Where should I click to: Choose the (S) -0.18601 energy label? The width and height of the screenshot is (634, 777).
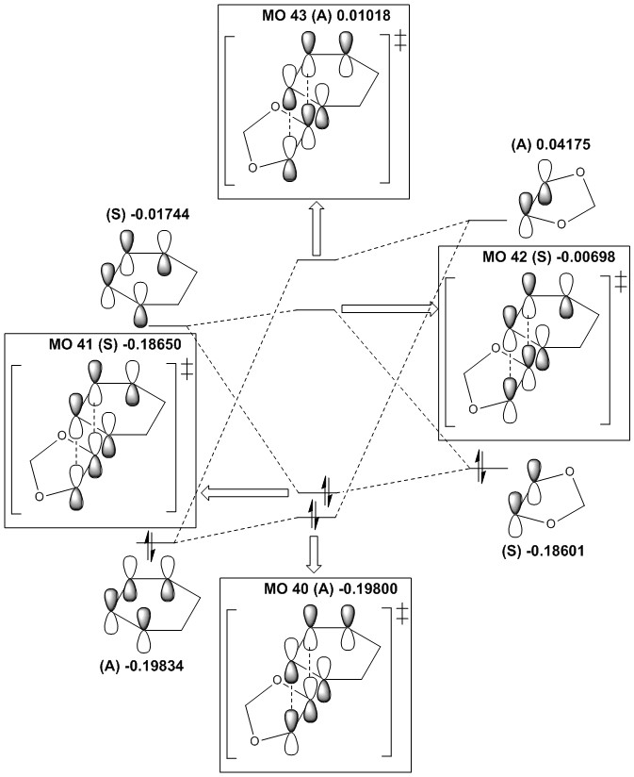(531, 554)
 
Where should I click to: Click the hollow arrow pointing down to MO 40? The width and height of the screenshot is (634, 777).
(315, 554)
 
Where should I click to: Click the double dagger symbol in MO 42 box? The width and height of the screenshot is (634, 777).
(619, 282)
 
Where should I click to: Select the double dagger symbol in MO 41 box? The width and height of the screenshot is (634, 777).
(188, 369)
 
